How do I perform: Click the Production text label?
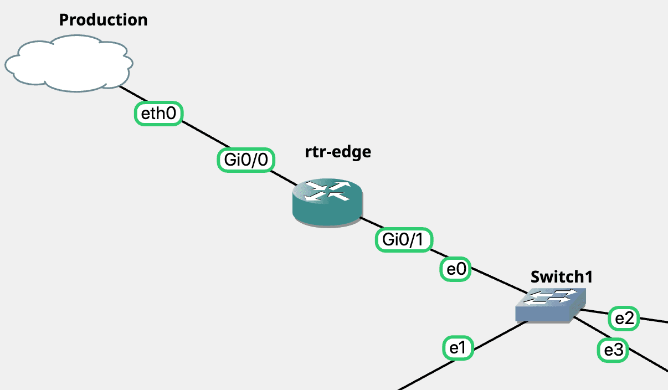tap(103, 20)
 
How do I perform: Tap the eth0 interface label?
tap(159, 114)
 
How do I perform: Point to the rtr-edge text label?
tap(338, 152)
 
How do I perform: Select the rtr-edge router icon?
tap(327, 203)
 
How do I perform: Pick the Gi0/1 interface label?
tap(404, 240)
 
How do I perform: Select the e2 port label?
tap(624, 319)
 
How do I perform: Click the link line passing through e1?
tap(421, 376)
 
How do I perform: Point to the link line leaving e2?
tap(654, 322)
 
